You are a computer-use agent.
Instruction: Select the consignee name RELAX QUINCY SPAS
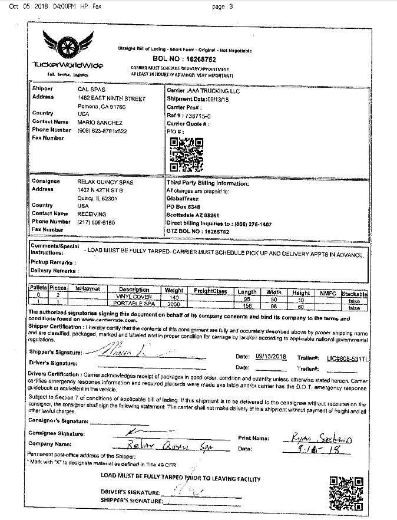tap(105, 182)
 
